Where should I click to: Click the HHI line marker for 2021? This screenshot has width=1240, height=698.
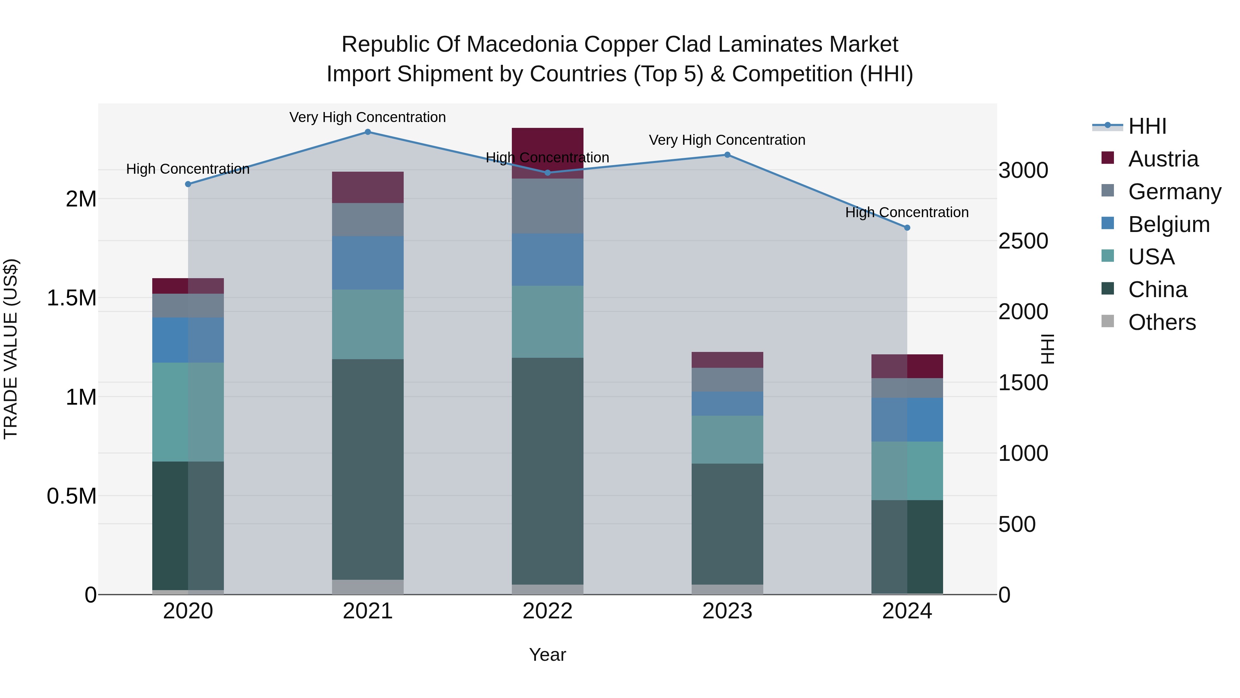pos(368,132)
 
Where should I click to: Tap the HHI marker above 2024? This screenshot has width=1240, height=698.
pos(907,228)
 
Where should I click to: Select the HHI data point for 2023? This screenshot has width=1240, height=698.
pos(727,155)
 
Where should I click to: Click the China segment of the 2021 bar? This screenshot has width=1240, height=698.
pos(368,470)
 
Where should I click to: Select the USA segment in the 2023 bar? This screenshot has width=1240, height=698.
pos(727,439)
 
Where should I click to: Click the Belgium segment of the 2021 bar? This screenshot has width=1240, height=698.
pos(368,263)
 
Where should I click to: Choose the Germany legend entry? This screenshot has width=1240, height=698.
pos(1174,191)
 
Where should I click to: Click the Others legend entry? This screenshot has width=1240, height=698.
pos(1161,322)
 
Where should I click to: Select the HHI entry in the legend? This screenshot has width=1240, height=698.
pos(1147,126)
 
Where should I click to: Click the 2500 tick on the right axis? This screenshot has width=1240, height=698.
pos(1023,241)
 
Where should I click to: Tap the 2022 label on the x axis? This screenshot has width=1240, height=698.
pos(547,611)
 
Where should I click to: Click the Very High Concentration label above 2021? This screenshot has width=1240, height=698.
pos(368,117)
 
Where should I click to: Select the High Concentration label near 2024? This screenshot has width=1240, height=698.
pos(907,212)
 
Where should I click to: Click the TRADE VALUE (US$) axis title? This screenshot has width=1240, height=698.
pos(11,349)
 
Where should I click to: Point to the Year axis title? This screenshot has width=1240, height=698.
pos(547,655)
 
